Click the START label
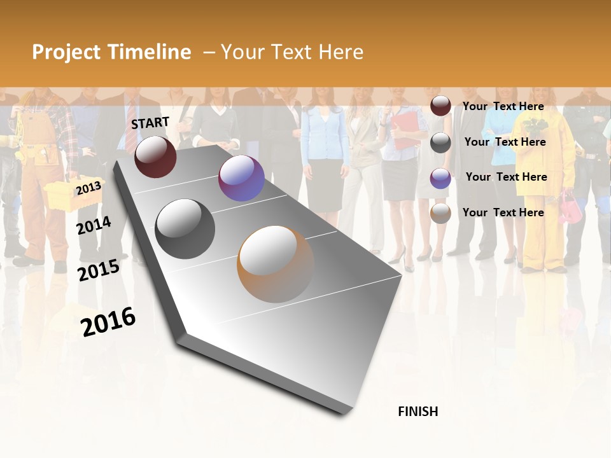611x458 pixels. pos(150,123)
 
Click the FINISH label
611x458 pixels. pos(418,412)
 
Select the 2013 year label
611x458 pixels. pos(88,188)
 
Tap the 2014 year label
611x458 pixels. pos(94,225)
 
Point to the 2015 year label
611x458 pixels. pos(98,270)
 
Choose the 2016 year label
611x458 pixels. pos(108,322)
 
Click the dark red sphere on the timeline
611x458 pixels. pos(155,156)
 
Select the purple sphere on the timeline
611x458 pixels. pos(241,178)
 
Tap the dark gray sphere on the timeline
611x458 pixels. pos(185,228)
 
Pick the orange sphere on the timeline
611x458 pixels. pos(276,263)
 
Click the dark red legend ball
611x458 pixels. pos(440,106)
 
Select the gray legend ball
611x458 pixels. pos(440,142)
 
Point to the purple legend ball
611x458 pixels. pos(440,178)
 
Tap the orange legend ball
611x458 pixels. pos(440,214)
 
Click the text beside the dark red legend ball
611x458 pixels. pos(503,106)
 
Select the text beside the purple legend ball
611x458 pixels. pos(506,177)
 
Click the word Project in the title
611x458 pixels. pos(64,52)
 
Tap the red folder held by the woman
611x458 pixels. pos(404,131)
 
